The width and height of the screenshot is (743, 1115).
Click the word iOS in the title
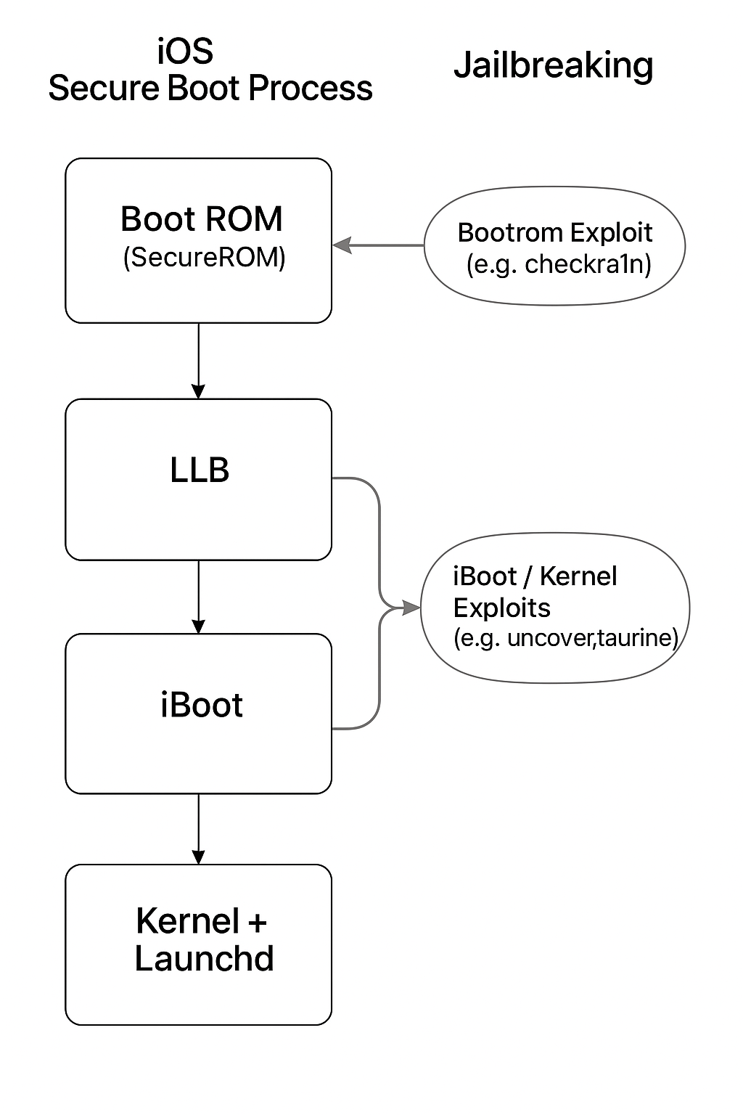point(185,52)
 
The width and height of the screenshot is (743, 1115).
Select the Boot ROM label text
point(201,219)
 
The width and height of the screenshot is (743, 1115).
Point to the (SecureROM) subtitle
point(204,257)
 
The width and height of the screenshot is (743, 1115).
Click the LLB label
point(200,470)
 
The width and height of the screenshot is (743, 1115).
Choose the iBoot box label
point(201,706)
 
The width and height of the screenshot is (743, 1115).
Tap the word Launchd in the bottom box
point(204,958)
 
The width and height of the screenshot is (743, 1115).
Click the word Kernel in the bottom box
point(187,921)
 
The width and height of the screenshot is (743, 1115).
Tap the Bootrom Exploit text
point(555,232)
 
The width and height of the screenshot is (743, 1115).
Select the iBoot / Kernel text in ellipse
point(535,576)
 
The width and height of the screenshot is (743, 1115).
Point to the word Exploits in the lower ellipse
point(501,608)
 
